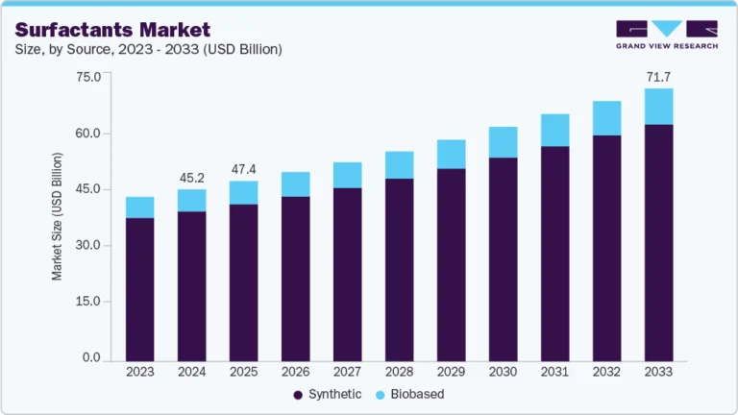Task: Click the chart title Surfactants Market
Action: click(x=112, y=29)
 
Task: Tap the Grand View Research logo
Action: click(x=666, y=34)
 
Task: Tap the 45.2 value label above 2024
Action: click(x=191, y=177)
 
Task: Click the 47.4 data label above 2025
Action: click(x=243, y=169)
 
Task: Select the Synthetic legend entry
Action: click(x=328, y=394)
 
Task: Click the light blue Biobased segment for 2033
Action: click(x=658, y=106)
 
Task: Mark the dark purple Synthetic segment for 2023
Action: click(x=140, y=288)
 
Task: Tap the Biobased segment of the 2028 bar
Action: click(x=399, y=164)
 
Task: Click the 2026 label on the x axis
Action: click(x=295, y=371)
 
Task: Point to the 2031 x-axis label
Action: click(x=554, y=371)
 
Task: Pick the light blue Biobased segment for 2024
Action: click(x=192, y=200)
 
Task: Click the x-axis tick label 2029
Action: click(x=451, y=371)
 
